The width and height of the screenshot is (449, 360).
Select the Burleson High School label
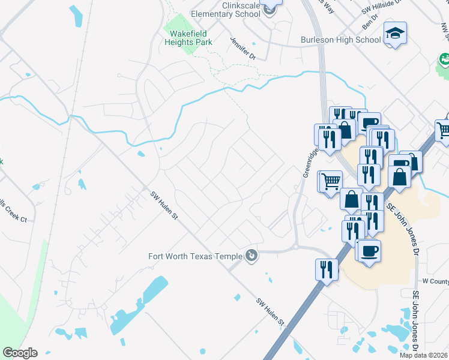340,40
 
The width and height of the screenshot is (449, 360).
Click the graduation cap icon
396,33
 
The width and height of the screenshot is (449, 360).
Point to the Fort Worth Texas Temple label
195,256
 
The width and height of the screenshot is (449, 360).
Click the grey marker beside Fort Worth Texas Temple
252,256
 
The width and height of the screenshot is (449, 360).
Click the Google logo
20,353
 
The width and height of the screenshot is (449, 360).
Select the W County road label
435,281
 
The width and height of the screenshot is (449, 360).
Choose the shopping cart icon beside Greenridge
330,181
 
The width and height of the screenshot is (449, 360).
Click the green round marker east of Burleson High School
444,59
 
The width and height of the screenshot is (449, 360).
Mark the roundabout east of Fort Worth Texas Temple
296,247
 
